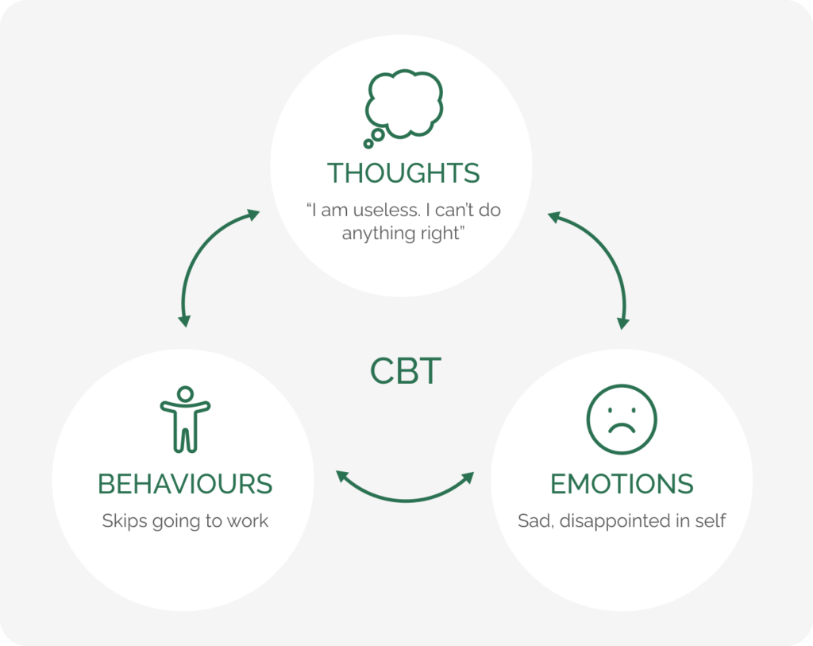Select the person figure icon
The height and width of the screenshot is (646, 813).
185,419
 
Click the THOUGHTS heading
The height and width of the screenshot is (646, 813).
403,172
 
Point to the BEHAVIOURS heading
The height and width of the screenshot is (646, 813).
185,483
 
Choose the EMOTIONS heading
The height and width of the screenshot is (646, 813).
622,483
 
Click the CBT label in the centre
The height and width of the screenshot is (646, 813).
405,371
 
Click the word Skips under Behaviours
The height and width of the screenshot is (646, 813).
121,521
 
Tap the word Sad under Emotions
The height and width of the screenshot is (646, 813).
534,521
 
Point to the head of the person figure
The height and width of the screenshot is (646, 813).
185,393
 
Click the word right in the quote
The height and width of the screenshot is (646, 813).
442,234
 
